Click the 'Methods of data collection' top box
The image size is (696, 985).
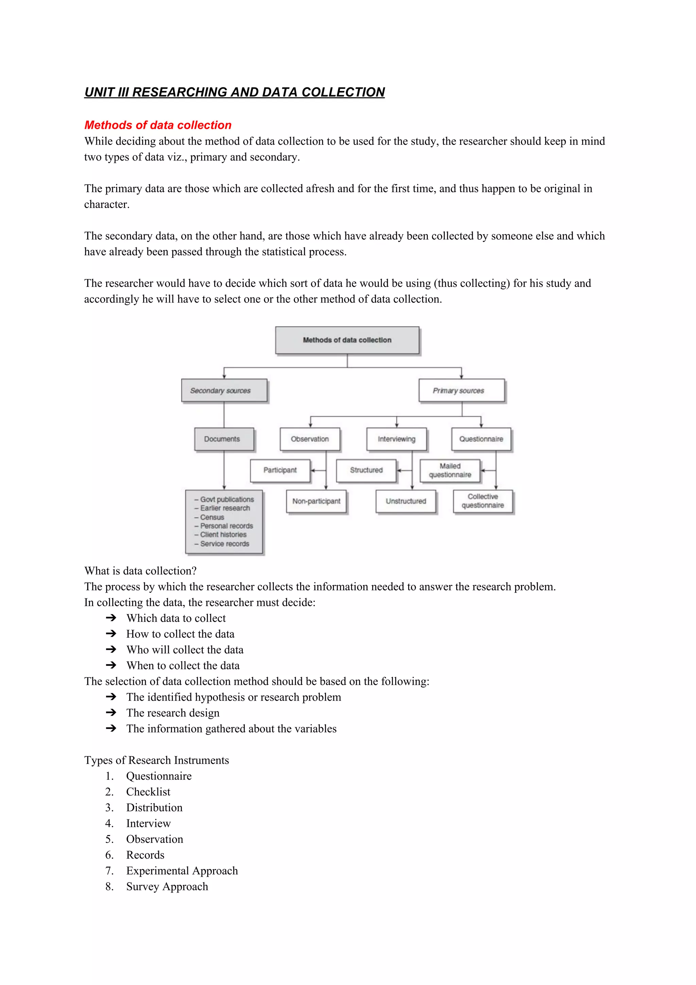click(347, 340)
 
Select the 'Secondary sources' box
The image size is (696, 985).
click(224, 390)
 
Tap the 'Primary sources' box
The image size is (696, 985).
click(462, 390)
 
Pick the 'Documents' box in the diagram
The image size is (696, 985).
click(224, 439)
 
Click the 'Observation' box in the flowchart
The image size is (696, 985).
click(310, 439)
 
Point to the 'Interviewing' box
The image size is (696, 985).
click(396, 439)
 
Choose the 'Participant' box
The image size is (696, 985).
click(280, 470)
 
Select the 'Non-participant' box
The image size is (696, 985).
click(316, 501)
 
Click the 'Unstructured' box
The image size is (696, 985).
click(406, 501)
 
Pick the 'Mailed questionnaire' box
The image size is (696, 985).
click(450, 471)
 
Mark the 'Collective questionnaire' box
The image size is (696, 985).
click(483, 501)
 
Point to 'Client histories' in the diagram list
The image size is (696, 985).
click(223, 534)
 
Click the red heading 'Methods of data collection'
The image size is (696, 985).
click(158, 125)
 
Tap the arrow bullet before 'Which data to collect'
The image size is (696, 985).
click(111, 618)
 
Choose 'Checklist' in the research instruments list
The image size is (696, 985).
click(148, 792)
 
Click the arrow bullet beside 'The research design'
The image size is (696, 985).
click(111, 713)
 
